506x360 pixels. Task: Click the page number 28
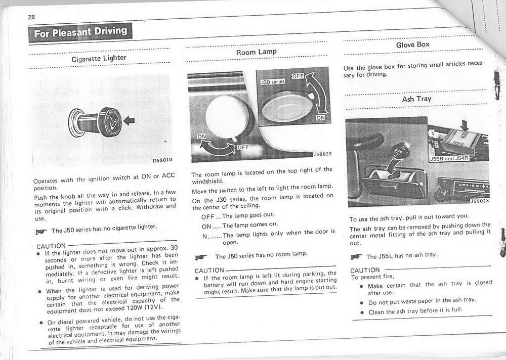[31, 17]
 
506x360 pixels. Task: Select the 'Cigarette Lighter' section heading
[99, 58]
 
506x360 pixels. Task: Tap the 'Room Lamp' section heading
[256, 52]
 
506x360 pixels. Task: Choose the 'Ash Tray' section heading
[416, 99]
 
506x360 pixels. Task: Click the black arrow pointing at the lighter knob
[130, 120]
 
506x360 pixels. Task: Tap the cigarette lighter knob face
[110, 122]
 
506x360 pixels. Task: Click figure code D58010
[162, 160]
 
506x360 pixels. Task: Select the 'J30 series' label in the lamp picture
[272, 81]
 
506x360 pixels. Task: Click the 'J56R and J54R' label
[449, 158]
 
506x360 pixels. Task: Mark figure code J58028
[479, 201]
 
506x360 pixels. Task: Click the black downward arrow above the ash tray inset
[464, 124]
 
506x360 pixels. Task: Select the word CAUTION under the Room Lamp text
[209, 271]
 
